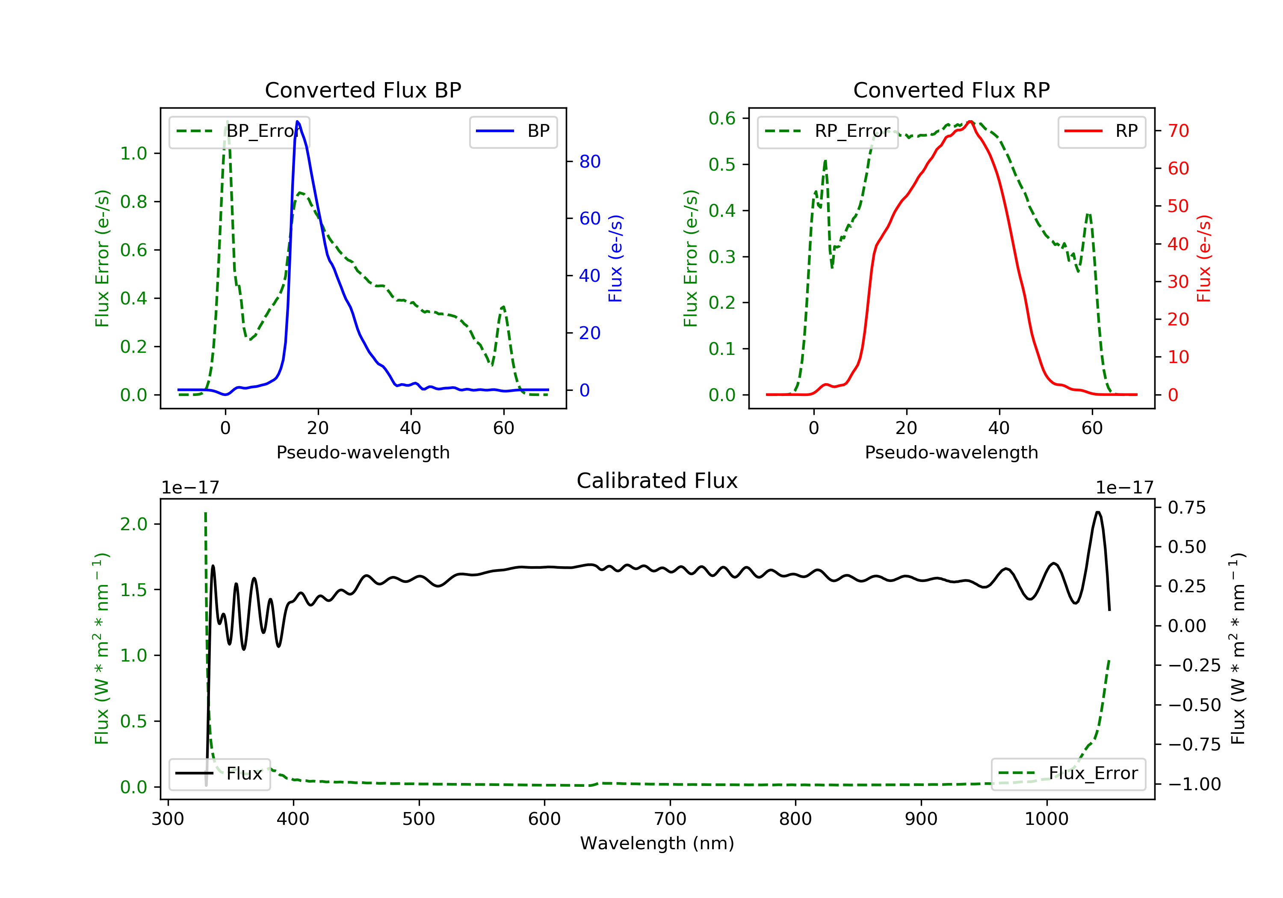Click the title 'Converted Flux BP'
pos(363,90)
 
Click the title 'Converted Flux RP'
pos(951,90)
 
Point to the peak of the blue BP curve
pos(297,121)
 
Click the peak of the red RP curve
pos(971,121)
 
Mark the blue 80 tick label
pos(589,162)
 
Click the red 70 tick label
pos(1178,131)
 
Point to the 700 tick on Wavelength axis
pos(670,819)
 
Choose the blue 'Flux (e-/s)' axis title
pos(615,258)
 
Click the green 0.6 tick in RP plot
pos(722,118)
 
